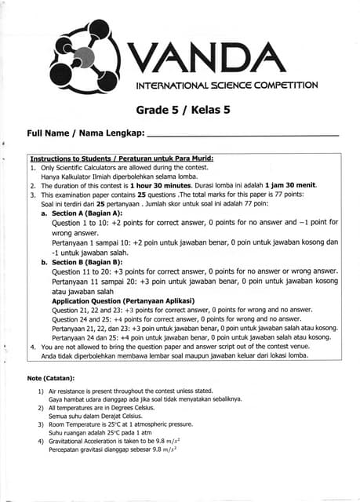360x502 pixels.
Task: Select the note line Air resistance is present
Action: click(x=131, y=390)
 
